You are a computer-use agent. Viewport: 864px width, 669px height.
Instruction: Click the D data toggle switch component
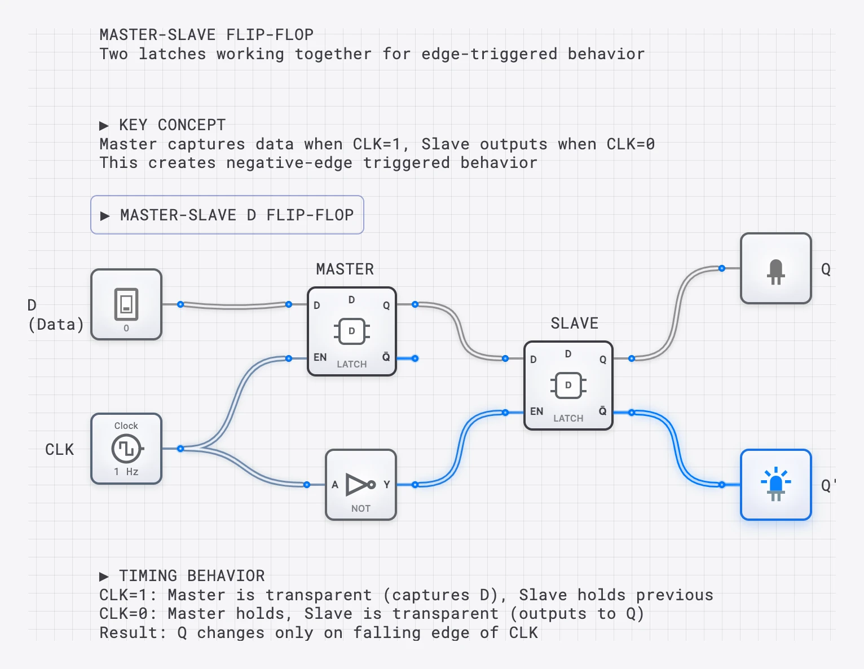[x=126, y=304]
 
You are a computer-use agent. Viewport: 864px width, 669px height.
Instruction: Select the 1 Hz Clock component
[x=126, y=449]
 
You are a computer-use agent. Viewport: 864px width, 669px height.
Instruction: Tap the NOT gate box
[x=361, y=485]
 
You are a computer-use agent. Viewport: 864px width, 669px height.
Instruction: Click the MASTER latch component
[x=352, y=331]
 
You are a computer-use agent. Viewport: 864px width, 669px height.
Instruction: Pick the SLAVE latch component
[x=568, y=386]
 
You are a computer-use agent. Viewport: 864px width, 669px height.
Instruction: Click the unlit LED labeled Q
[x=776, y=268]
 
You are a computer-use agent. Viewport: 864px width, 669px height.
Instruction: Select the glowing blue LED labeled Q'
[x=776, y=485]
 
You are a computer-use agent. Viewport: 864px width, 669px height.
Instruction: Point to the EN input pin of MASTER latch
[x=289, y=358]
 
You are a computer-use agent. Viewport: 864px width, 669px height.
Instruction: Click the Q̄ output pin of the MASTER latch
[x=415, y=358]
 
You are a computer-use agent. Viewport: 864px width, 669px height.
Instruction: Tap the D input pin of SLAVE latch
[x=505, y=358]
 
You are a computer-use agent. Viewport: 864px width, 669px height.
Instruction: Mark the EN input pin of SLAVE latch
[x=505, y=413]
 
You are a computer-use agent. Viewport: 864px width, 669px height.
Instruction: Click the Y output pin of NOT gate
[x=415, y=485]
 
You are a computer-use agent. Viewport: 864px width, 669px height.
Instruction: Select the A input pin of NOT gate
[x=307, y=485]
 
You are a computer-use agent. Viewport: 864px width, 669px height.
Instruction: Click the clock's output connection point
[x=180, y=449]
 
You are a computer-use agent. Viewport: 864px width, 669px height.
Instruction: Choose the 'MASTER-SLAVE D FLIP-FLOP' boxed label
[x=227, y=215]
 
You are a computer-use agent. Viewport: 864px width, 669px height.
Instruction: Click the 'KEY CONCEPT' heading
[x=171, y=125]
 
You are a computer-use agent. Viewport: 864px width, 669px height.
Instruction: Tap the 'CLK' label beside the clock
[x=59, y=449]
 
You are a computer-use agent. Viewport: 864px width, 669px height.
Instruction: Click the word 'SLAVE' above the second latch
[x=574, y=323]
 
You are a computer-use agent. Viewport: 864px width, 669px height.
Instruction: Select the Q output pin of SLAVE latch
[x=632, y=358]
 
